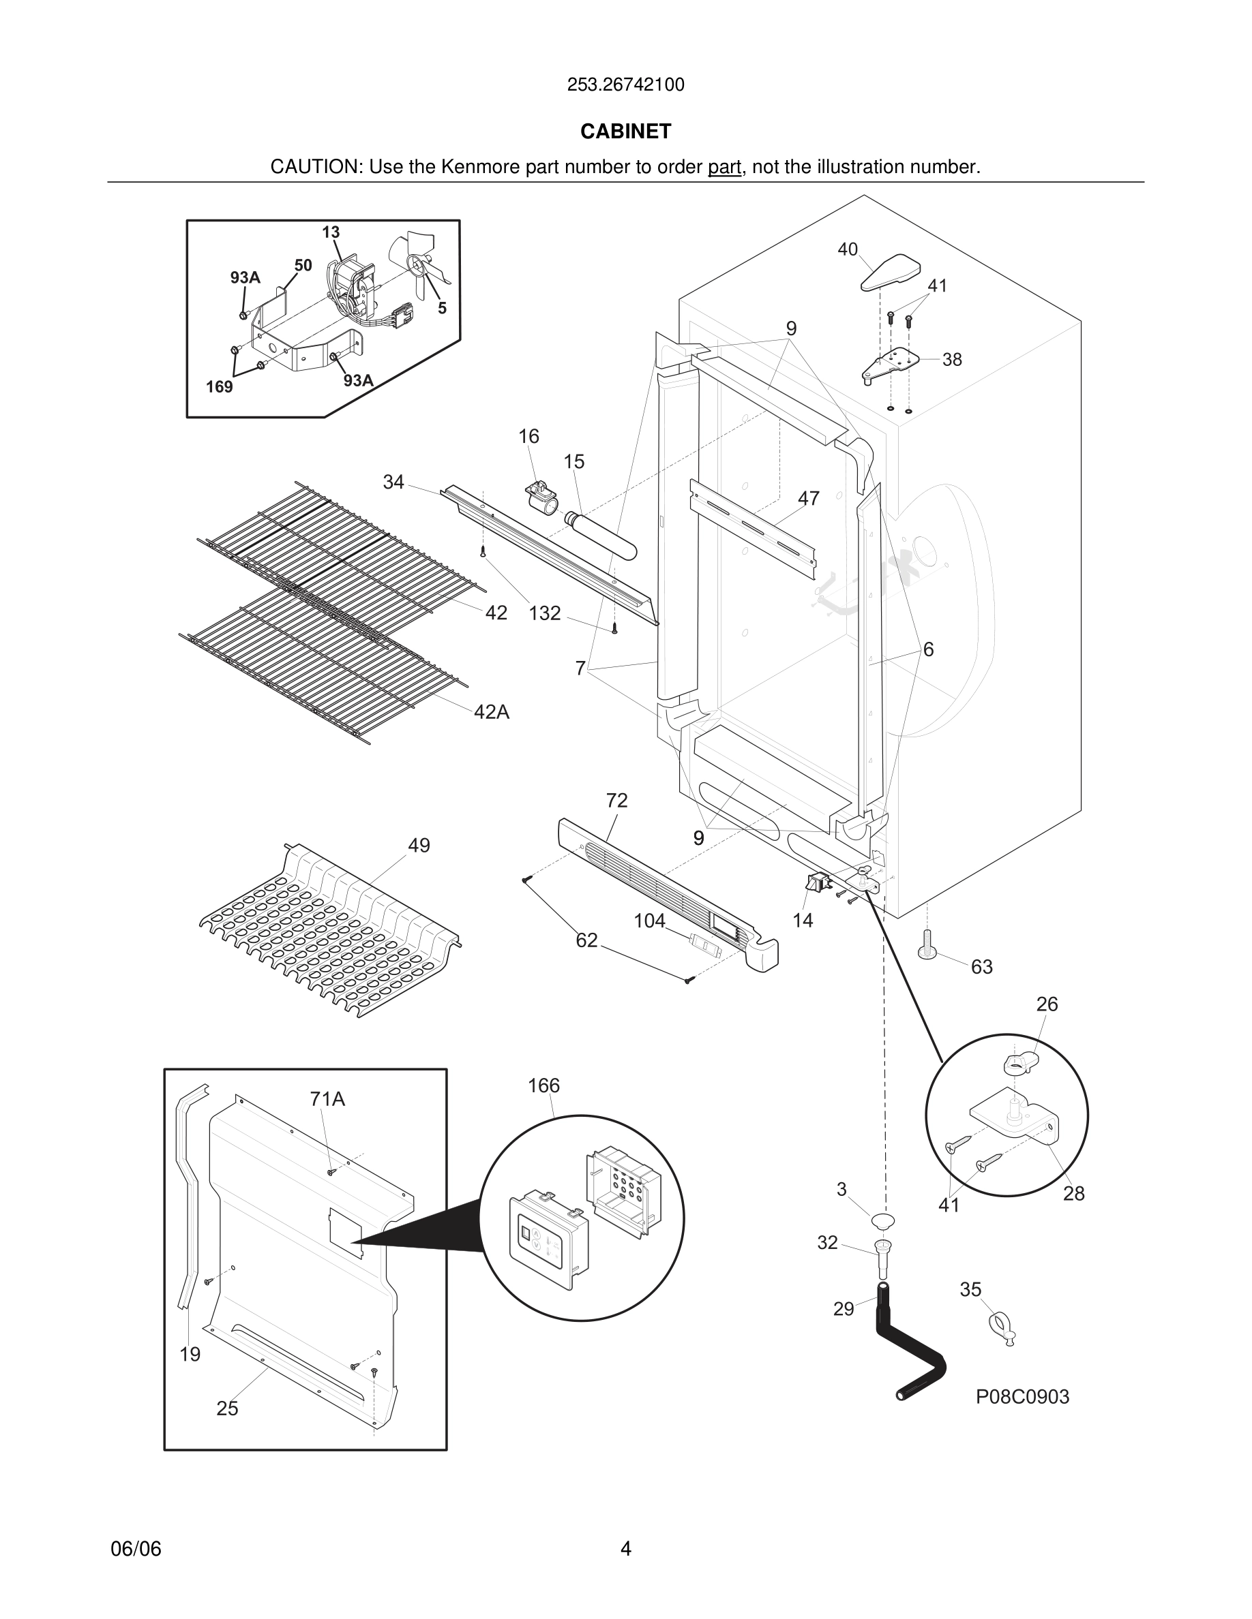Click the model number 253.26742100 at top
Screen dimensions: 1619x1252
625,85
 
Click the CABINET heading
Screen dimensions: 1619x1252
625,132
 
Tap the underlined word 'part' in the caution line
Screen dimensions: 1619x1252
724,168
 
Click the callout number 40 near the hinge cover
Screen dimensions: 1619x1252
847,250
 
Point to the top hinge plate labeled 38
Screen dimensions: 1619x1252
894,364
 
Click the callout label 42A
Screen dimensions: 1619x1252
491,712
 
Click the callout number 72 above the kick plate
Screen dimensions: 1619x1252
616,801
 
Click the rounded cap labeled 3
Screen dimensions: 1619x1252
882,1221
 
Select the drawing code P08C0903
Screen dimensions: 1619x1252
1022,1398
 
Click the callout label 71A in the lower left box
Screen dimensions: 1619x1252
327,1099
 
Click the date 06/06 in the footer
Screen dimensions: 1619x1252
136,1549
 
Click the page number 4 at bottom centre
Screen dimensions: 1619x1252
625,1549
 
